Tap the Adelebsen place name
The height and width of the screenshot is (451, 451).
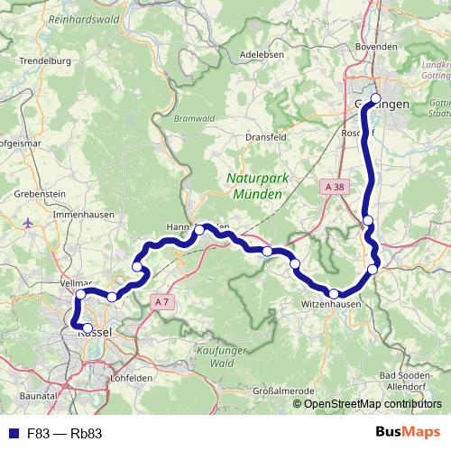[262, 54]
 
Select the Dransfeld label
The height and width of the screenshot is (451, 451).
[265, 137]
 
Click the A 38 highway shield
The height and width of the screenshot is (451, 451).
[333, 187]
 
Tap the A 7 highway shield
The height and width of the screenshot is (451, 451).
[161, 300]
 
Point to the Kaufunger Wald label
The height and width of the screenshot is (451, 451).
[222, 356]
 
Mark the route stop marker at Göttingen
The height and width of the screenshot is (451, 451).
[376, 99]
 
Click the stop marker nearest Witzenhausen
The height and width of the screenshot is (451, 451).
[334, 293]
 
